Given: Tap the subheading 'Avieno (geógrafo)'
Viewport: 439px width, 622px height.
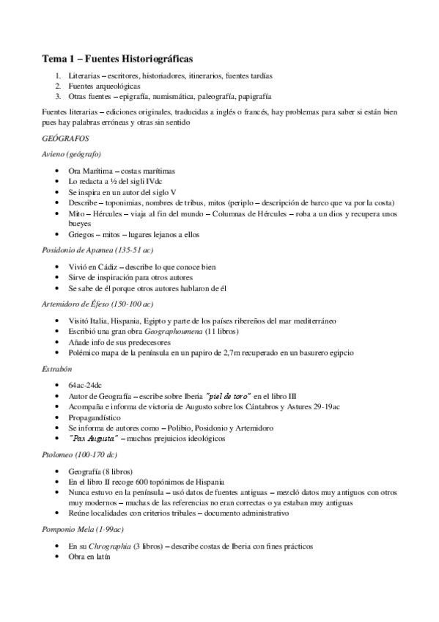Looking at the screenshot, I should tap(72, 154).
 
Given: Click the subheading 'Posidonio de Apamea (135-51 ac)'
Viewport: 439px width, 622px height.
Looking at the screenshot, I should tap(98, 250).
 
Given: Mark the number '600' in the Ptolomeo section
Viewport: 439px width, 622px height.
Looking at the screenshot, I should tap(144, 481).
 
